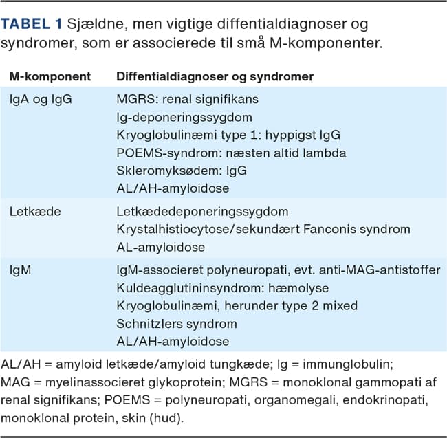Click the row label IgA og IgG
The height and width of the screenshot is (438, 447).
tap(41, 99)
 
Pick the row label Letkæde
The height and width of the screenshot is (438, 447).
tap(36, 211)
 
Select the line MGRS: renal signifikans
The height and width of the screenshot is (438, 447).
tap(188, 99)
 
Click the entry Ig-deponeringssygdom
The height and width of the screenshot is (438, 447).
tap(184, 117)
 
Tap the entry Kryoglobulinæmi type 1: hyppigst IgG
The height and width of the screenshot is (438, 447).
tap(228, 134)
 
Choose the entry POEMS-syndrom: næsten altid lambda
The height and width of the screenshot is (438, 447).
tap(230, 152)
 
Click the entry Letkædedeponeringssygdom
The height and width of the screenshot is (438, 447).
tap(201, 211)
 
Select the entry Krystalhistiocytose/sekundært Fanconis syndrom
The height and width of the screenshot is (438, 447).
tap(254, 228)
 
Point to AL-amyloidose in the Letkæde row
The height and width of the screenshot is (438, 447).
tap(160, 246)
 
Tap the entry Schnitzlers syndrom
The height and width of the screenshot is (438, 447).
tap(176, 324)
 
